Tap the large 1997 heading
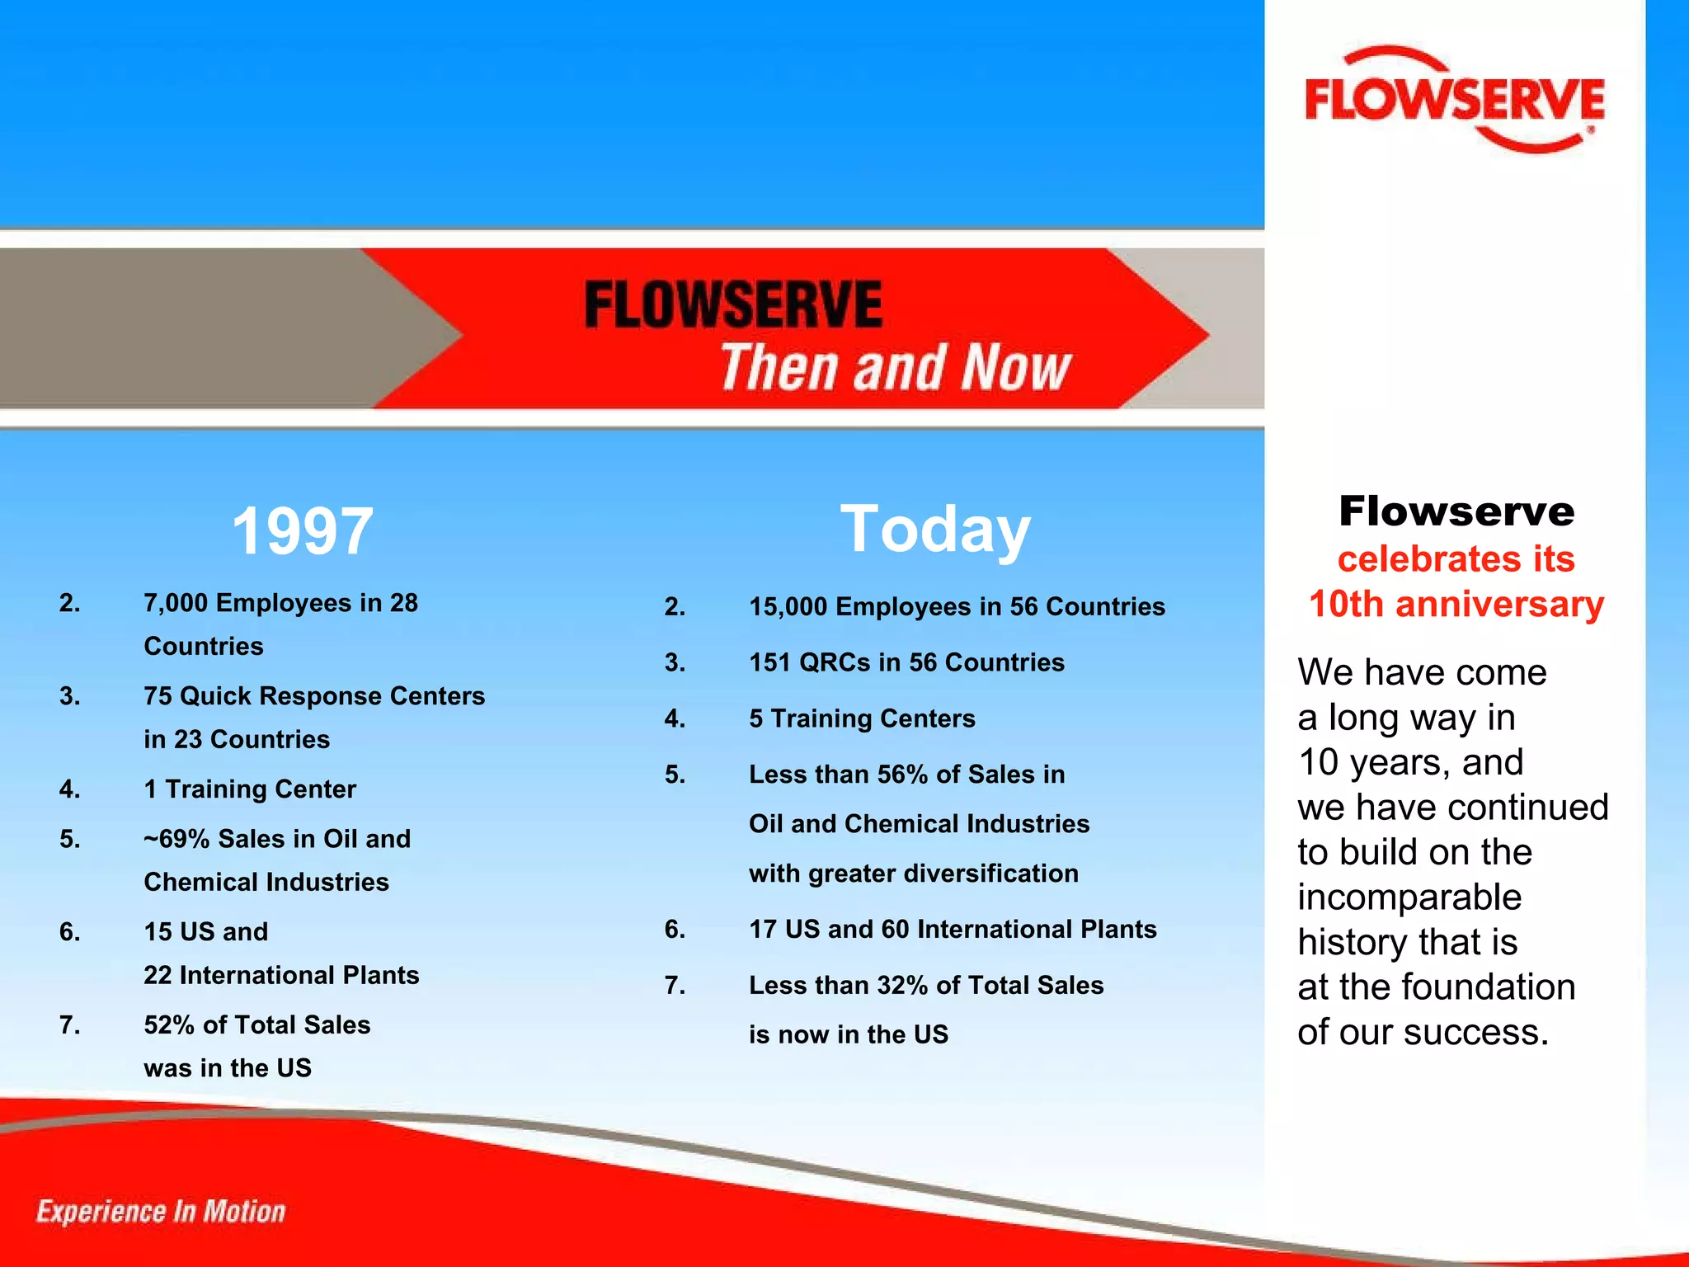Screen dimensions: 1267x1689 pos(302,531)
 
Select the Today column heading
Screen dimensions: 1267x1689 pos(935,530)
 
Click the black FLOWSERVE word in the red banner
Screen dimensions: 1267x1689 pos(733,304)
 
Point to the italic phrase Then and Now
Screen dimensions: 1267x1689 pos(896,367)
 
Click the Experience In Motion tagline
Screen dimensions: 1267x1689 pos(161,1211)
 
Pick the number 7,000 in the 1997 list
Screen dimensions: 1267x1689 pos(176,603)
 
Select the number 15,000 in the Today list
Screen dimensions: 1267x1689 pos(788,607)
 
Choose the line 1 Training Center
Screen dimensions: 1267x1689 pos(250,789)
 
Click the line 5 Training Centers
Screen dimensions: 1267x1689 pos(862,718)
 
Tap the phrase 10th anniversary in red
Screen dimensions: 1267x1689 pos(1456,604)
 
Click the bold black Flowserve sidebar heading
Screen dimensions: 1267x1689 pos(1456,511)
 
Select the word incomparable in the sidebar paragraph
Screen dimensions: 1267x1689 pos(1409,897)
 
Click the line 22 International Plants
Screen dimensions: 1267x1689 pos(281,975)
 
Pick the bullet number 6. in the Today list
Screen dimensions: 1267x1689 pos(675,930)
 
